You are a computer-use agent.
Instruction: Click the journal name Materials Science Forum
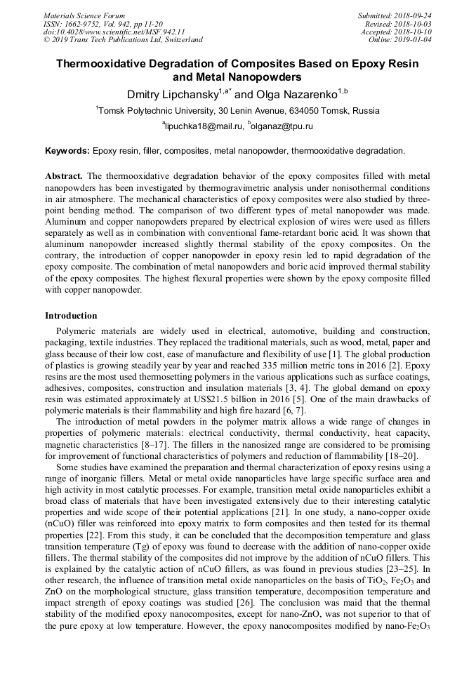click(84, 15)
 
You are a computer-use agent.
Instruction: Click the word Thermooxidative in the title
click(108, 64)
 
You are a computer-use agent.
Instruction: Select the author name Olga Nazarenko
click(296, 93)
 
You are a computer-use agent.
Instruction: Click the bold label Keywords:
click(67, 150)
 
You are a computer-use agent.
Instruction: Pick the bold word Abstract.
click(64, 175)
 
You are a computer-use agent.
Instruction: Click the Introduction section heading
click(71, 316)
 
